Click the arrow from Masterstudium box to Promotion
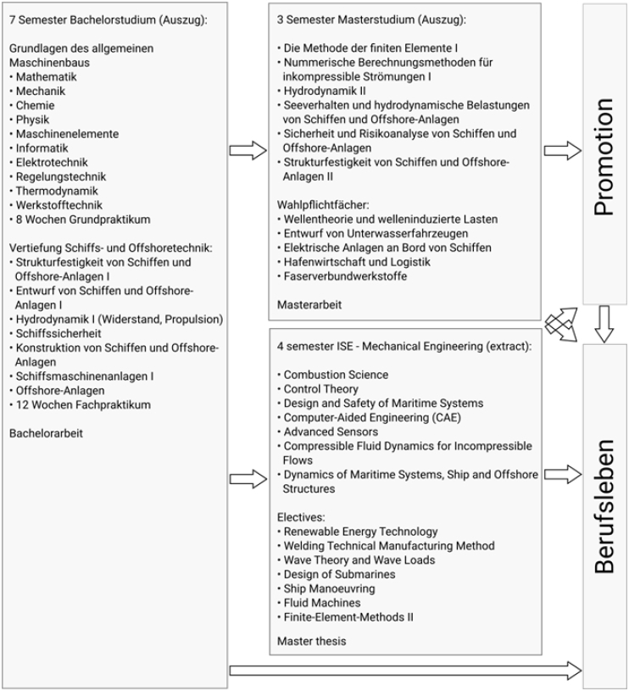coord(562,151)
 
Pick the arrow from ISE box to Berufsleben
coord(562,476)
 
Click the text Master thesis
coord(311,641)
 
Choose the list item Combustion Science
coord(336,375)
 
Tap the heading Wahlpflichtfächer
coord(323,205)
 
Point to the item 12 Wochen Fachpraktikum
coord(83,405)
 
